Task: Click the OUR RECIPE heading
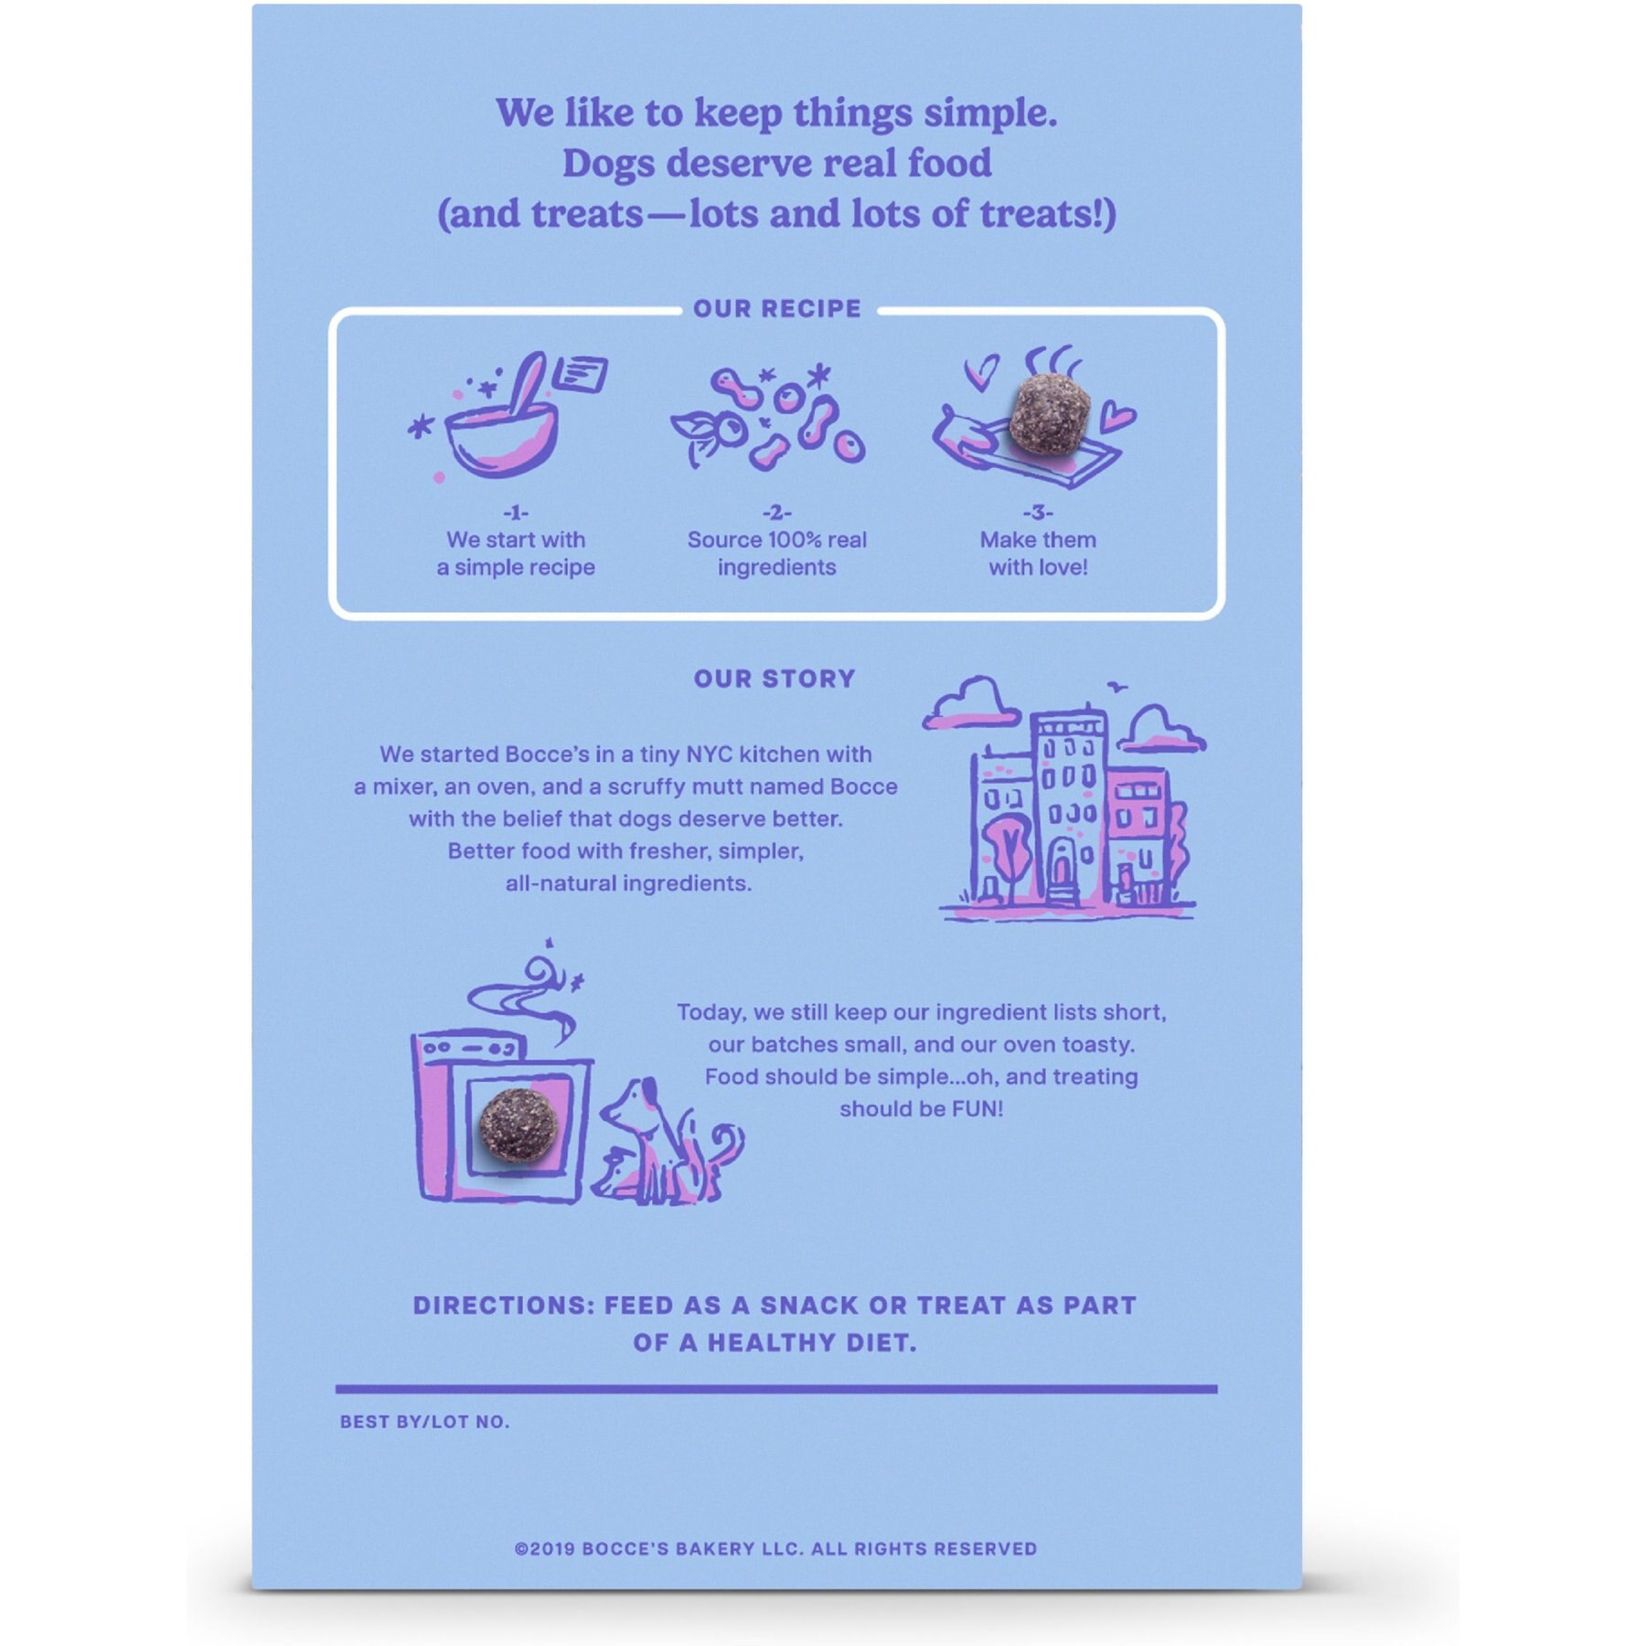(776, 308)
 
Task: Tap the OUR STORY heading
(775, 679)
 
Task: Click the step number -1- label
(516, 513)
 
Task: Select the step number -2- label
(776, 513)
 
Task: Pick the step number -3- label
(1038, 513)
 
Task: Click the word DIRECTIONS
(503, 1305)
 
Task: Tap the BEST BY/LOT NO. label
(424, 1422)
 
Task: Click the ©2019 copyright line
(775, 1549)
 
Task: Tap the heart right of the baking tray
(1117, 418)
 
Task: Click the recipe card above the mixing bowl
(580, 373)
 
